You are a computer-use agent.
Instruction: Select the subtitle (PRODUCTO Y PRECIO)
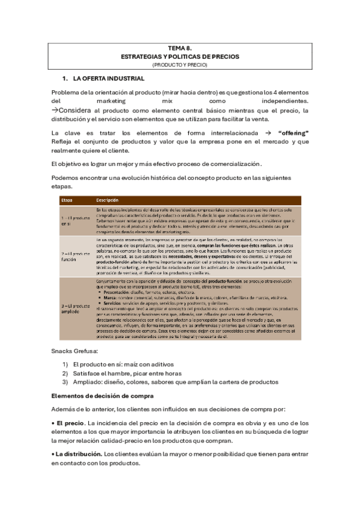click(180, 64)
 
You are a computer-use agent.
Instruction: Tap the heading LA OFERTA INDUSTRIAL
click(108, 79)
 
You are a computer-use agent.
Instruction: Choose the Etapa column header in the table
click(67, 200)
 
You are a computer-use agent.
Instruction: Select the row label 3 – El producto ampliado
click(75, 309)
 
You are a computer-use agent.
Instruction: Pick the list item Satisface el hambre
click(123, 373)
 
